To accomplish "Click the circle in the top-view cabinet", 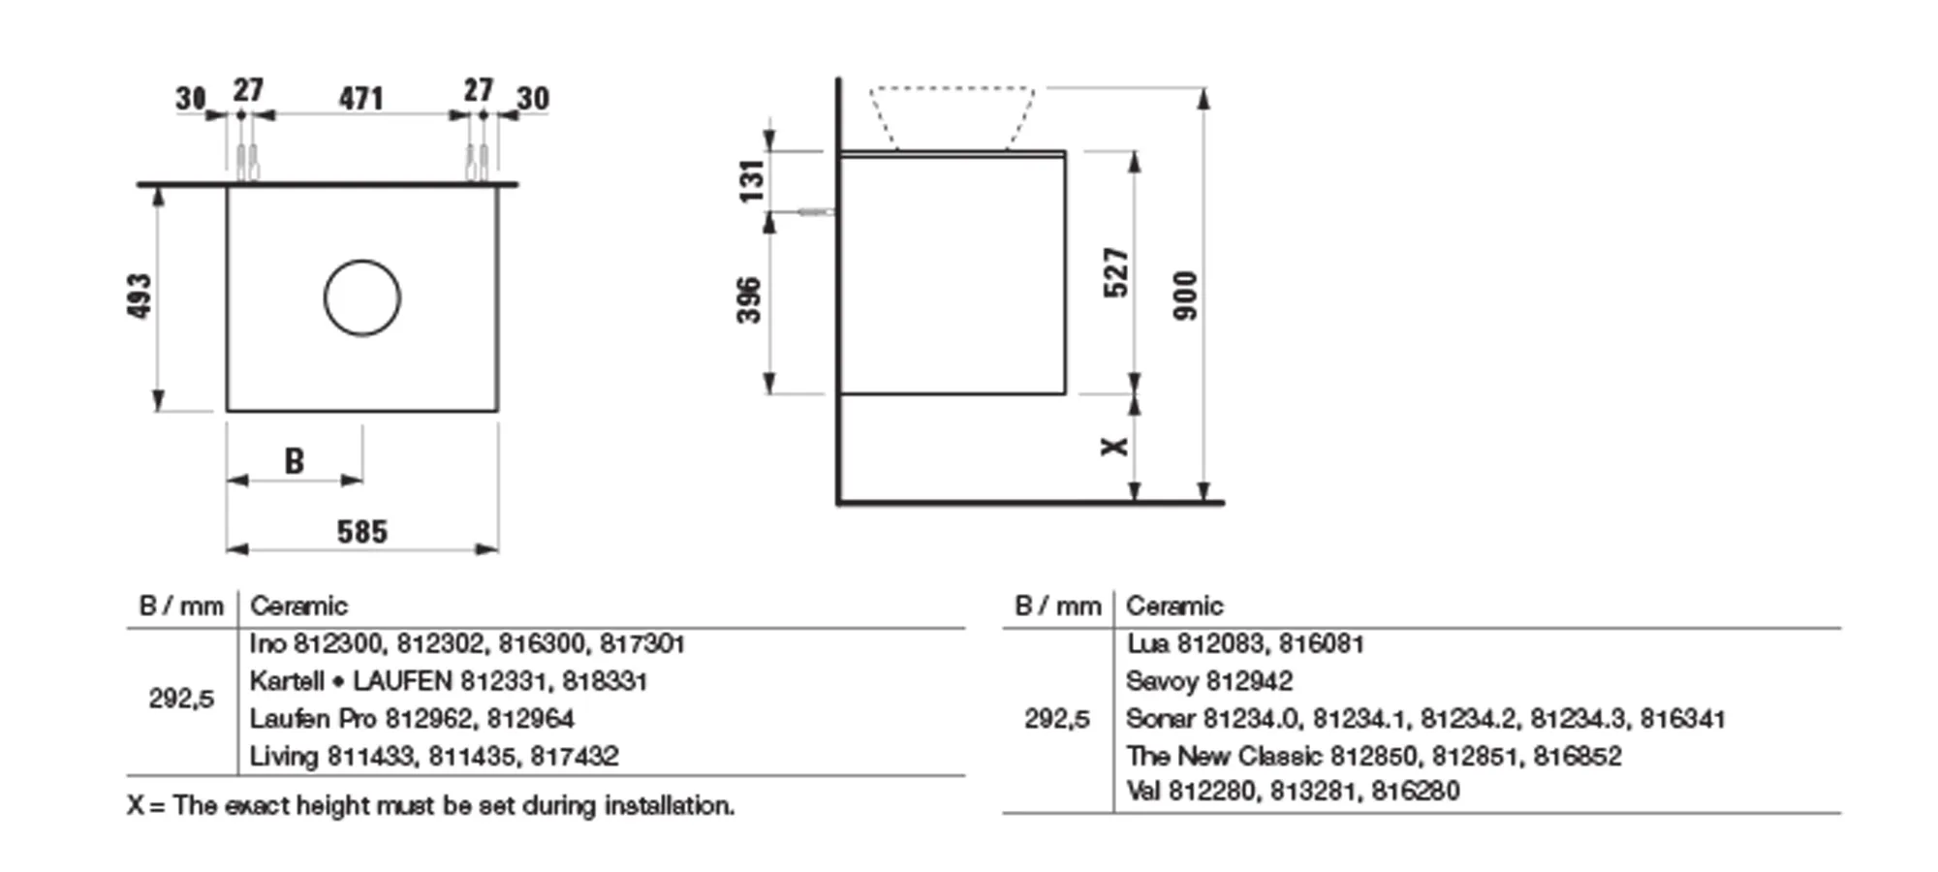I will pyautogui.click(x=362, y=298).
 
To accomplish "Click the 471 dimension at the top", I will pyautogui.click(x=360, y=99).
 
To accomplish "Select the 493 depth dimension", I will pyautogui.click(x=141, y=296).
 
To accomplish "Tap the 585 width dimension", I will pyautogui.click(x=362, y=532).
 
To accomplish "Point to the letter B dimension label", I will pyautogui.click(x=294, y=462).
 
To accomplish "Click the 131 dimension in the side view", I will pyautogui.click(x=752, y=181).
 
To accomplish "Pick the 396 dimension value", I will pyautogui.click(x=750, y=300).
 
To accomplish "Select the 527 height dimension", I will pyautogui.click(x=1116, y=272).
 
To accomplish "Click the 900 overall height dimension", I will pyautogui.click(x=1185, y=296).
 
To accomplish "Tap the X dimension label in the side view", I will pyautogui.click(x=1114, y=446).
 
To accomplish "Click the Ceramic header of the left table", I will pyautogui.click(x=298, y=607).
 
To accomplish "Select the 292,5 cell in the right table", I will pyautogui.click(x=1057, y=719).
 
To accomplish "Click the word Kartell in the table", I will pyautogui.click(x=286, y=682).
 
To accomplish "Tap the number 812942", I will pyautogui.click(x=1250, y=682).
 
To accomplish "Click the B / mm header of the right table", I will pyautogui.click(x=1057, y=607).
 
